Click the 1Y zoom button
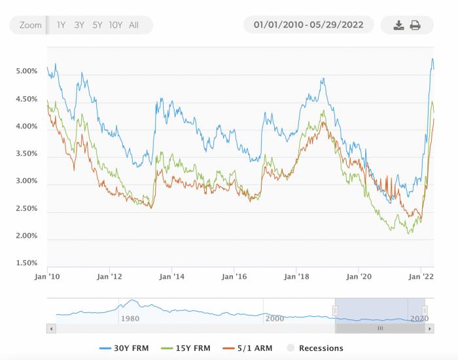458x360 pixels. pos(61,26)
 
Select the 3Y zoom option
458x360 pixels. pos(79,26)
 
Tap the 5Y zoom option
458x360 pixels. pos(97,26)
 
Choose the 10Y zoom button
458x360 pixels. pos(116,26)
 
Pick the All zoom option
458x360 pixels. pos(133,26)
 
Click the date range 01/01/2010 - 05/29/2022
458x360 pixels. pos(309,26)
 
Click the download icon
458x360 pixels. pos(398,26)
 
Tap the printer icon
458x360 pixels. pos(415,26)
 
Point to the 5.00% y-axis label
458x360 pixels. pos(27,71)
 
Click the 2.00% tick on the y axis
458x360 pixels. pos(27,236)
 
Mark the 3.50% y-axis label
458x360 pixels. pos(27,154)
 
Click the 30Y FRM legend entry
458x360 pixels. pos(127,348)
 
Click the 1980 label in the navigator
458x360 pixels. pos(130,318)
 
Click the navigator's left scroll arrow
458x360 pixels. pos(52,329)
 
